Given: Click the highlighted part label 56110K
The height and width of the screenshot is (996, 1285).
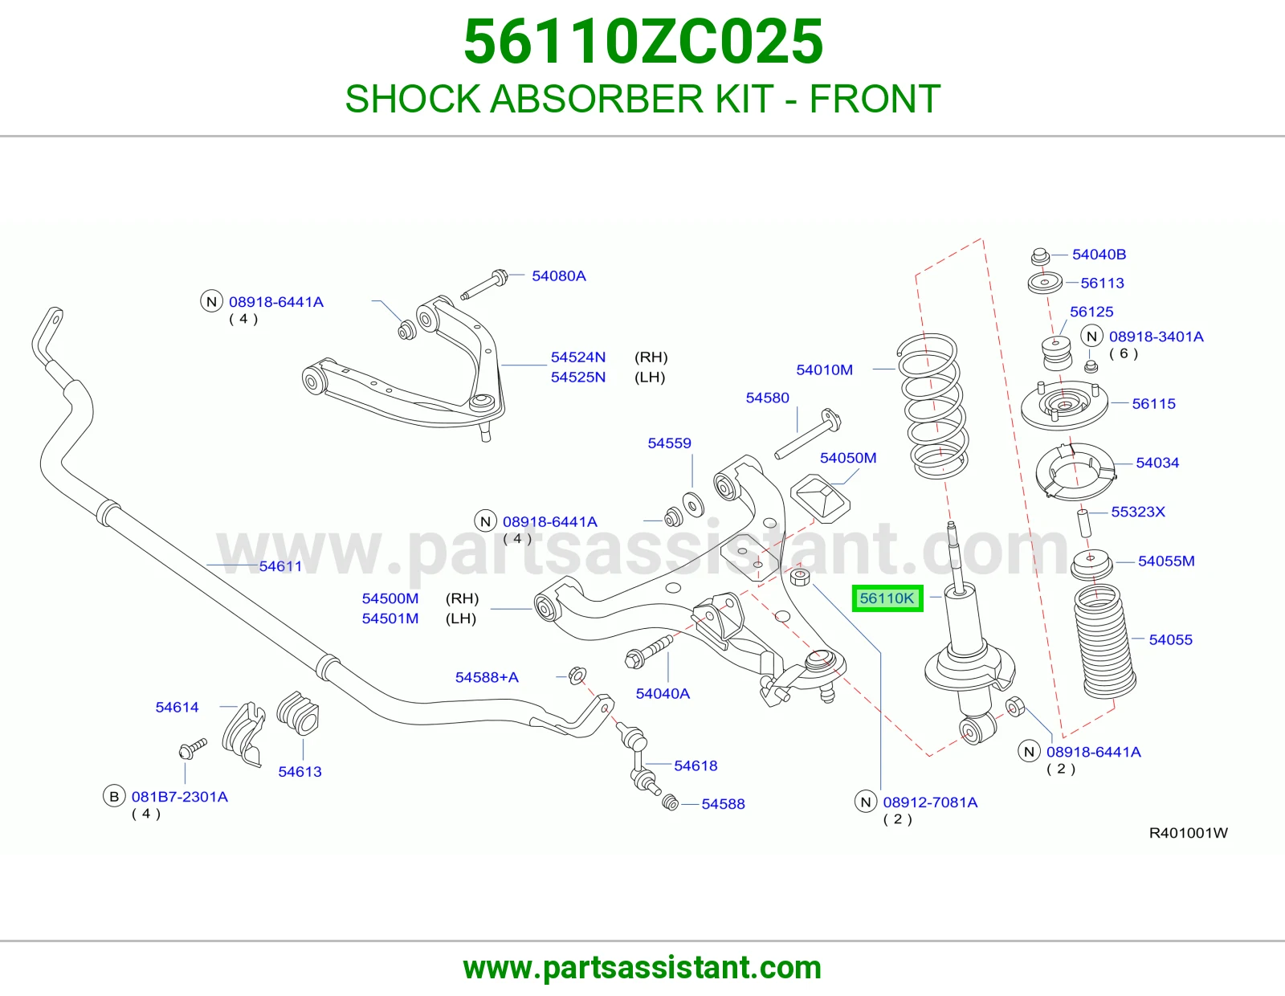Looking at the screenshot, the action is [887, 598].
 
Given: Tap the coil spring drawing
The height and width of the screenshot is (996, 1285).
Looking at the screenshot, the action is [934, 406].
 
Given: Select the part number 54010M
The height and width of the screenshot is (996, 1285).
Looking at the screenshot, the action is [824, 370].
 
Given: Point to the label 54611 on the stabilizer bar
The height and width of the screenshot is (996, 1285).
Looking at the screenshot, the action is [280, 566].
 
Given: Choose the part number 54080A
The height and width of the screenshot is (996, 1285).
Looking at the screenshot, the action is [559, 276].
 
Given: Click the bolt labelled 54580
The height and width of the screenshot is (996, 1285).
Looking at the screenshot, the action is [808, 434].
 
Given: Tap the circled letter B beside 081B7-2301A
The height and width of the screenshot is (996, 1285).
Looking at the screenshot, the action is [114, 797].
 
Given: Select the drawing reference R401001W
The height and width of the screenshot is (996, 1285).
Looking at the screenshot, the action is [1188, 834].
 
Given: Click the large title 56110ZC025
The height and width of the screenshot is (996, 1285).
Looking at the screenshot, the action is [642, 42].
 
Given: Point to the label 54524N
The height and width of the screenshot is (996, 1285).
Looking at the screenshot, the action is [577, 357].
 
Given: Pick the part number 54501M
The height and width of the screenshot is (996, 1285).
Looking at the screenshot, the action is [390, 618].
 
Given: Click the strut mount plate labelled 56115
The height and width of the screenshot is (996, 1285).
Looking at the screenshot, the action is [1064, 407].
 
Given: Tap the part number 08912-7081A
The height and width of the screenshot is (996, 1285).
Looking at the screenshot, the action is [930, 802].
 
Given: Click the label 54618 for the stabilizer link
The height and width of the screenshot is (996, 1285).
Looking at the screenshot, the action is [696, 766].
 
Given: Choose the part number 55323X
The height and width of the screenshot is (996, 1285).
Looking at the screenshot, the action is [1138, 512].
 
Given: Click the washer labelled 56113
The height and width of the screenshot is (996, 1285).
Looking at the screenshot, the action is [1045, 283].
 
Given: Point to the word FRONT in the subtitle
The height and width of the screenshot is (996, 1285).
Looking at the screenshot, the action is [875, 99].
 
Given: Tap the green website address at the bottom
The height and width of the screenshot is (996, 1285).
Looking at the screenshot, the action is [642, 968].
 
